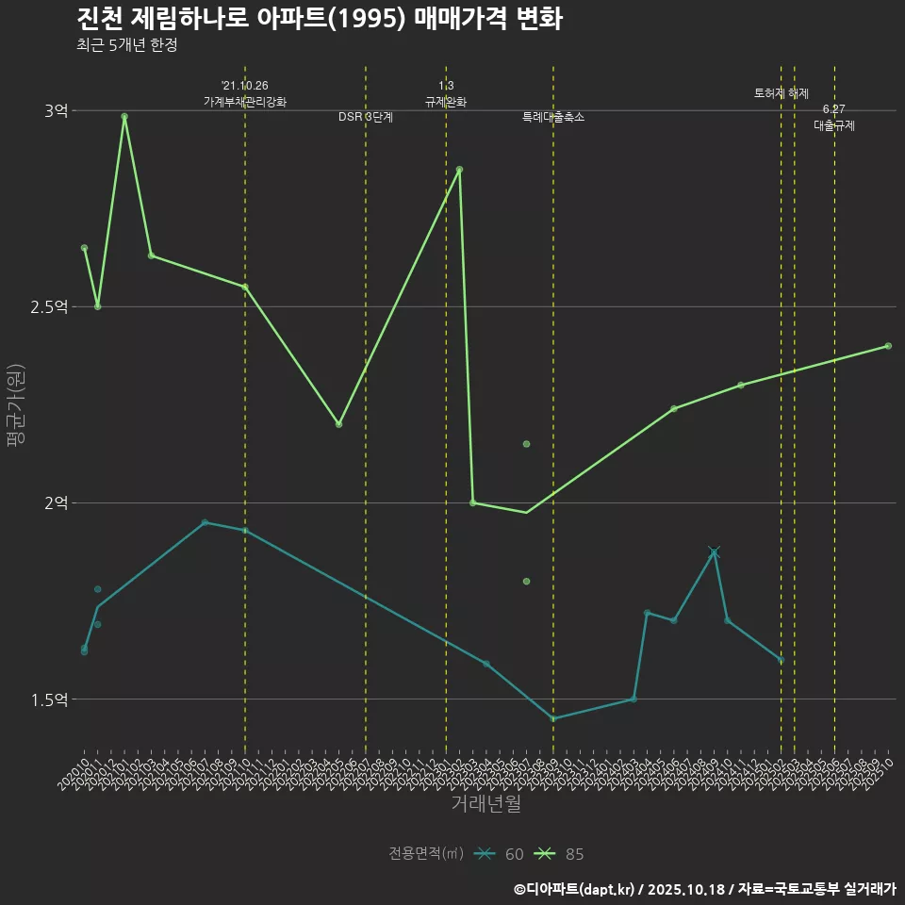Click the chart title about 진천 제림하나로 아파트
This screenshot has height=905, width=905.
pyautogui.click(x=320, y=19)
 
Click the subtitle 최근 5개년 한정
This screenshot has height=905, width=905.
pyautogui.click(x=126, y=44)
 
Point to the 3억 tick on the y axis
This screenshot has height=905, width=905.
pyautogui.click(x=56, y=110)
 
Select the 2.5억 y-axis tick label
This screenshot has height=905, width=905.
pyautogui.click(x=50, y=306)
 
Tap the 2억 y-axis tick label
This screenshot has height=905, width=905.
pyautogui.click(x=56, y=502)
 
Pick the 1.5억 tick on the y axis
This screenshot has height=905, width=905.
pyautogui.click(x=50, y=699)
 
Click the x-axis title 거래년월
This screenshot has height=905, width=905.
pyautogui.click(x=485, y=804)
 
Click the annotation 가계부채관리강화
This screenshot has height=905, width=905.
pyautogui.click(x=245, y=102)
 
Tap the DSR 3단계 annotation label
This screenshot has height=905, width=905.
pyautogui.click(x=366, y=117)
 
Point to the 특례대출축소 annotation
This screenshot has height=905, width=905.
pyautogui.click(x=553, y=117)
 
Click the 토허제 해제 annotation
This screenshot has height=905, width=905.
pyautogui.click(x=782, y=93)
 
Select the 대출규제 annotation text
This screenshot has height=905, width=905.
pyautogui.click(x=834, y=125)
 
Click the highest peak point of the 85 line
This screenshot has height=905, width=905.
pyautogui.click(x=124, y=116)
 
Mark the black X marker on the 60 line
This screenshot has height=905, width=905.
pyautogui.click(x=714, y=551)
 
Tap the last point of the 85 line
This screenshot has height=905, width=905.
pyautogui.click(x=888, y=346)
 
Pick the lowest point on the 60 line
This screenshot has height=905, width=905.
pyautogui.click(x=553, y=718)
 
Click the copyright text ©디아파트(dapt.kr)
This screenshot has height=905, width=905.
pyautogui.click(x=576, y=888)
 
